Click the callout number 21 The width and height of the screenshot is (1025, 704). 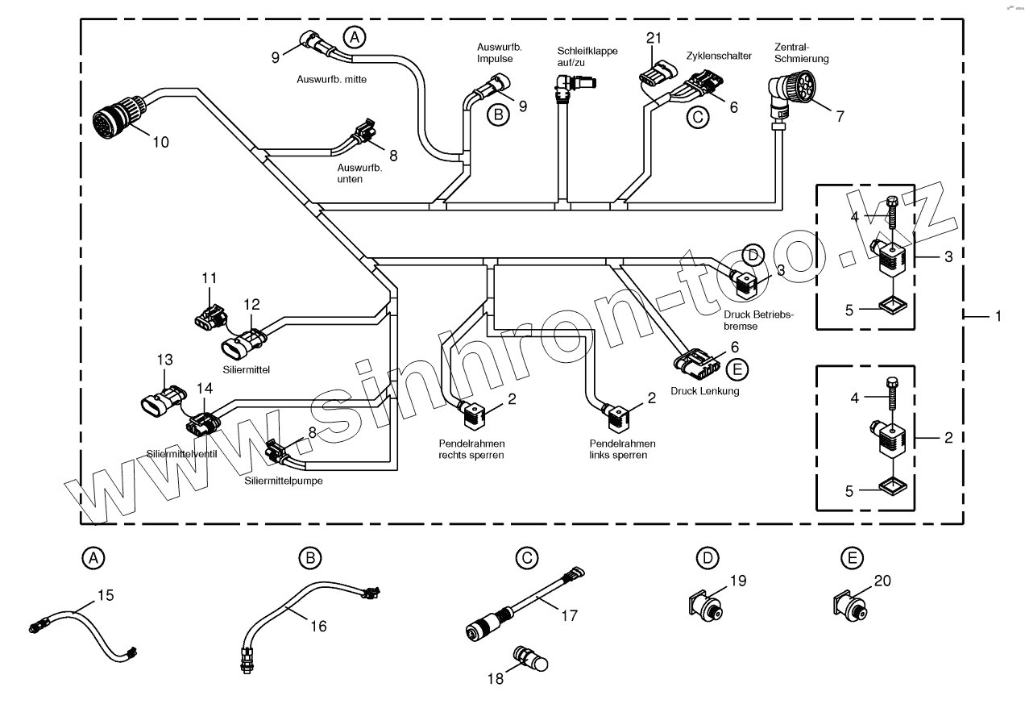point(654,38)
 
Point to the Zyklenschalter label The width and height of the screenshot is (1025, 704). point(719,56)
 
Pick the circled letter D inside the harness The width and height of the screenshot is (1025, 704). point(752,255)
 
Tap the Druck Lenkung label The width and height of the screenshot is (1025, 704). point(705,391)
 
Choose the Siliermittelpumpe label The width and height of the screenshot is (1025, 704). point(278,481)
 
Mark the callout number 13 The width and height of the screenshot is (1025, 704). point(164,359)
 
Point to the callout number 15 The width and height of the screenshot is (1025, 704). point(106,596)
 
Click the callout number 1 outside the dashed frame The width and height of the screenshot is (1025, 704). point(998,317)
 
